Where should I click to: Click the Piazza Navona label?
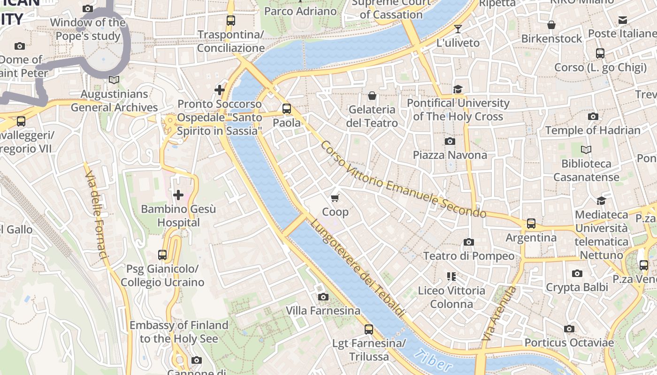[x=450, y=155]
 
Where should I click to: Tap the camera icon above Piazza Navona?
[x=450, y=141]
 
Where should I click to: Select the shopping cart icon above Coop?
[x=335, y=198]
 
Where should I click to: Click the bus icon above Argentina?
[x=531, y=224]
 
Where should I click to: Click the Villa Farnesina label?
[x=323, y=310]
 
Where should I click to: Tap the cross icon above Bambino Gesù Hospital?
[x=178, y=195]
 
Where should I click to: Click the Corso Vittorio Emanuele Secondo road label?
[x=403, y=180]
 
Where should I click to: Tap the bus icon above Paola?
[x=286, y=109]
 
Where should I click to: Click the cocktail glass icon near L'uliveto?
[x=458, y=29]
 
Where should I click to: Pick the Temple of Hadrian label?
[x=592, y=130]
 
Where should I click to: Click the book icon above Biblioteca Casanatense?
[x=586, y=150]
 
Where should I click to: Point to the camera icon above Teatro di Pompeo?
[x=468, y=242]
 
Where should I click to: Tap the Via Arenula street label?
[x=499, y=314]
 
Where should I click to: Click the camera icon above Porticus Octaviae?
[x=569, y=329]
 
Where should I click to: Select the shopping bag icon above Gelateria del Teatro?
[x=372, y=96]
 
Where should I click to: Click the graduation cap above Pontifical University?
[x=458, y=89]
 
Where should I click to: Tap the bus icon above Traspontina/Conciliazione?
[x=230, y=21]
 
